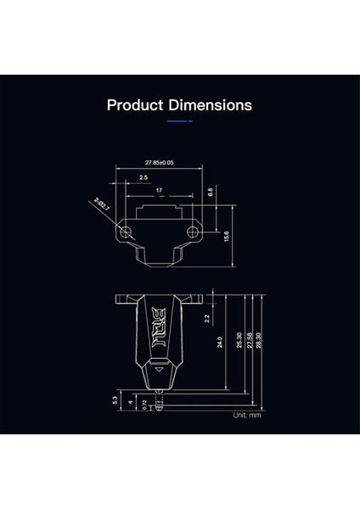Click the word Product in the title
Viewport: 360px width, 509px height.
(135, 106)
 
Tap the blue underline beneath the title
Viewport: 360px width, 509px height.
(179, 121)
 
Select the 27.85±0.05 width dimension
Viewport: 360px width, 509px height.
(160, 162)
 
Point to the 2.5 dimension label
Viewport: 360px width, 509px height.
(143, 177)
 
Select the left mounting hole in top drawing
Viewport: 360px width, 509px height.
(127, 231)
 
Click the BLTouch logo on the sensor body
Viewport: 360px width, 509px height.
(159, 326)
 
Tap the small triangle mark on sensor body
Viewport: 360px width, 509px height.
(158, 370)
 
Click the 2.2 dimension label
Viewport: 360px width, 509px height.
(206, 319)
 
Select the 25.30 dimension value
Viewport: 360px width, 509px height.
(239, 339)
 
